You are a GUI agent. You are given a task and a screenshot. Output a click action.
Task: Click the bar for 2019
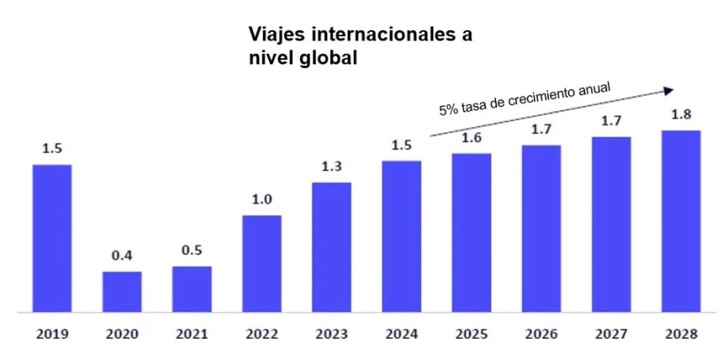52,238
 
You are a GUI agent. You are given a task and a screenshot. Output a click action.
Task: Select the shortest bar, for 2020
122,291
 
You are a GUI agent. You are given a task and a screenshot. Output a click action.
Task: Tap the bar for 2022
261,264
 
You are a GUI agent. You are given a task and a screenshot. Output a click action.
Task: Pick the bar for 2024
402,236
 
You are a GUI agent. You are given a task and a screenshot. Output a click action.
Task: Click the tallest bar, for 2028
680,221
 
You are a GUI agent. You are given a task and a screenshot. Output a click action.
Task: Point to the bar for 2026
541,229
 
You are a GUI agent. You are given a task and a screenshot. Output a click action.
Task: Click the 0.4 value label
122,256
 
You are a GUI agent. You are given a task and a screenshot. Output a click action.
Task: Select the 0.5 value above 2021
191,251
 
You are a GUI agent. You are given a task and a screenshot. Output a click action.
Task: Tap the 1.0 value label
261,199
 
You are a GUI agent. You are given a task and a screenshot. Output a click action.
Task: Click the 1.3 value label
332,167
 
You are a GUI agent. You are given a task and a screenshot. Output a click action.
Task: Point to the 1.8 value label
680,114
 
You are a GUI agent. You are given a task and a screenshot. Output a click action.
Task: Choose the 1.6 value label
471,138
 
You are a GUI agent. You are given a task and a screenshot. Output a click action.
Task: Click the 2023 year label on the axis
332,335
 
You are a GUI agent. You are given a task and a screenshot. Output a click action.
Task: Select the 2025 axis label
471,335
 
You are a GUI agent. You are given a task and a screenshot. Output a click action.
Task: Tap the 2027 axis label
611,335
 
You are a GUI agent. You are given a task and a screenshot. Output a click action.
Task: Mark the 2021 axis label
191,335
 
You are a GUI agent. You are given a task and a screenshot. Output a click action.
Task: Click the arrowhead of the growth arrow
670,89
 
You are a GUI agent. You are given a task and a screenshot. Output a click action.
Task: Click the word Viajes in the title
274,34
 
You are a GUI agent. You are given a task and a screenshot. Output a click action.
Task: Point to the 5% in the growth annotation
449,110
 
